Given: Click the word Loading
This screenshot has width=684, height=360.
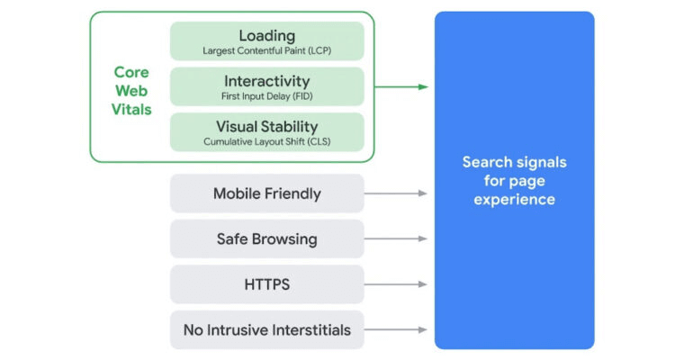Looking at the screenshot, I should pyautogui.click(x=266, y=35).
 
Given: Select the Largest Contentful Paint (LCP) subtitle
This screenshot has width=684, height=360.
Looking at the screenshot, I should pyautogui.click(x=266, y=50).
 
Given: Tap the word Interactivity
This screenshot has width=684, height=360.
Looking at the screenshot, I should pyautogui.click(x=266, y=81).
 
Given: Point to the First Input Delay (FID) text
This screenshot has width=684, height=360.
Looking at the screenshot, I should pyautogui.click(x=266, y=96).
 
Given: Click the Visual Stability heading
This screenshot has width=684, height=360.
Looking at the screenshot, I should pyautogui.click(x=266, y=126).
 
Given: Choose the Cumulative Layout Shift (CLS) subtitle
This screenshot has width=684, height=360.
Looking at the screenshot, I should pyautogui.click(x=266, y=141).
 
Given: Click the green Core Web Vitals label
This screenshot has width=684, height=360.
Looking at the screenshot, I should pyautogui.click(x=132, y=91).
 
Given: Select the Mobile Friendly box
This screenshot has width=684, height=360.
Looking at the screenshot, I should pyautogui.click(x=266, y=193).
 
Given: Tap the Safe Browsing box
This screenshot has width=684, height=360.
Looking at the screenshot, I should pyautogui.click(x=266, y=239).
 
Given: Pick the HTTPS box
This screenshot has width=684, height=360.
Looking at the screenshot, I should pyautogui.click(x=266, y=284).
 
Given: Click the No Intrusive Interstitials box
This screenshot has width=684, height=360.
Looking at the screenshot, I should pyautogui.click(x=266, y=329).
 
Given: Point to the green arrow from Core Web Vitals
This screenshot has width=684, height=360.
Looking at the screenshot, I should pyautogui.click(x=400, y=87).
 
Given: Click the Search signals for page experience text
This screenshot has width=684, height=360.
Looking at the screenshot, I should pyautogui.click(x=514, y=181).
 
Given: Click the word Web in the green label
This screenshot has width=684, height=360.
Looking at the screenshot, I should pyautogui.click(x=132, y=91).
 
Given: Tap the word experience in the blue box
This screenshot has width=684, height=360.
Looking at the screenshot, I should pyautogui.click(x=514, y=200).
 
